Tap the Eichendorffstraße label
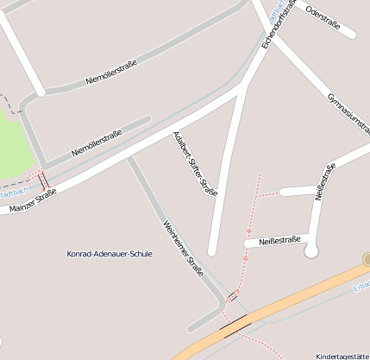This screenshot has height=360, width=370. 279,23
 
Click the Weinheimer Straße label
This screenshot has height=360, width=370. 183,248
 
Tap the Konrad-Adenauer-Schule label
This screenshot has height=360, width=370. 110,255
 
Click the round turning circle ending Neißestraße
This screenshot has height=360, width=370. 311,250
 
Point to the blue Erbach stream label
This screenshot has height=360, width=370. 361,286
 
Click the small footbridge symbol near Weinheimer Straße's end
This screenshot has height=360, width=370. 230,298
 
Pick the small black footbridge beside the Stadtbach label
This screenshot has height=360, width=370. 41,182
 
